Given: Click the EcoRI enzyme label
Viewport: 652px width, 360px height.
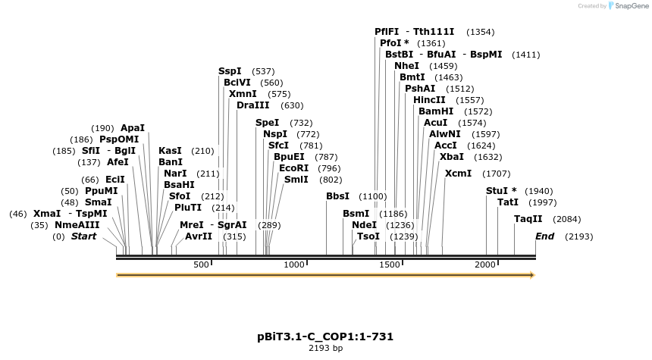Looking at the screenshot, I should [293, 168].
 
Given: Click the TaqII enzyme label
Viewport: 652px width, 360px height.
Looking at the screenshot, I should [528, 219].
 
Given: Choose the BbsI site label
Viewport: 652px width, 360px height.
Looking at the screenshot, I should [337, 196].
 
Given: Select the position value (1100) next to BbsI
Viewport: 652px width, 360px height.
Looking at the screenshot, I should [372, 196].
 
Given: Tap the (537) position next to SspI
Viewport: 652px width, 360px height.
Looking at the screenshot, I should [262, 71].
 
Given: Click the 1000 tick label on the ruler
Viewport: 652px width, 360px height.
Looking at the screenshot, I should [294, 265].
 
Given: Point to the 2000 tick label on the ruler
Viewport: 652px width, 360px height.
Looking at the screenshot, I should [484, 265].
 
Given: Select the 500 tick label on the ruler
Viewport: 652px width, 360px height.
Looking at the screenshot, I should [201, 265].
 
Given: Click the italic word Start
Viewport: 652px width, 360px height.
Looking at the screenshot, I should [84, 236].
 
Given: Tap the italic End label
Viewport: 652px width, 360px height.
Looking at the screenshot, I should [544, 236].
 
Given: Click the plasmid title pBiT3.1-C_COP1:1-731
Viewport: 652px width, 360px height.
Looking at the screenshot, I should [325, 336].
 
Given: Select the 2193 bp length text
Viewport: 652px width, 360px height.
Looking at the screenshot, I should [325, 349].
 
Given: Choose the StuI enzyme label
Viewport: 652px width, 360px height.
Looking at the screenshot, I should [500, 191].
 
